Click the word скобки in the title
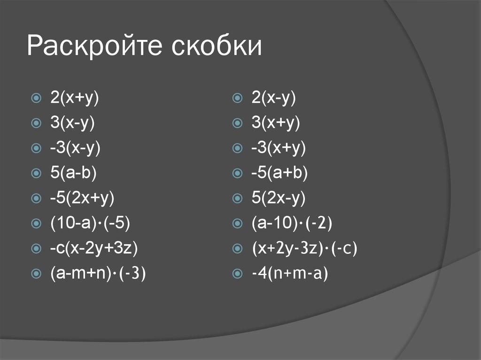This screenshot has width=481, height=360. click(x=216, y=47)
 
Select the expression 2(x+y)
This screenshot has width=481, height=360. click(x=77, y=98)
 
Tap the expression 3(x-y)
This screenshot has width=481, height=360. click(x=73, y=123)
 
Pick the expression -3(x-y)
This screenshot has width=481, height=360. click(x=76, y=148)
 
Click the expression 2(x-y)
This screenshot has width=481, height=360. click(x=273, y=98)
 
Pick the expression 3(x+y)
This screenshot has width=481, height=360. click(x=275, y=123)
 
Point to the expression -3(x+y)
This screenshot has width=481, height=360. click(x=278, y=148)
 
